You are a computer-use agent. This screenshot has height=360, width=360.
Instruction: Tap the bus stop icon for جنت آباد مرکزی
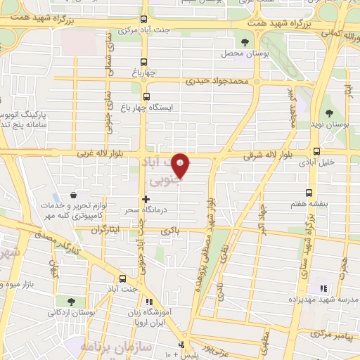144,19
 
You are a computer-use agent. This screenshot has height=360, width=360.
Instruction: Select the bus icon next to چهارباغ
145,61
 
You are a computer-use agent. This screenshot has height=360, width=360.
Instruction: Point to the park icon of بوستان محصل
245,43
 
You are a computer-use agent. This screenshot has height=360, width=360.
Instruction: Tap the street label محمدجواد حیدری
218,82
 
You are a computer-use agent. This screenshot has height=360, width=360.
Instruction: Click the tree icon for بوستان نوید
329,113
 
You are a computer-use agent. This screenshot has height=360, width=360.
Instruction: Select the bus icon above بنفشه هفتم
309,191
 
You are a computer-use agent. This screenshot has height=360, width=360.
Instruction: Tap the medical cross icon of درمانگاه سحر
146,199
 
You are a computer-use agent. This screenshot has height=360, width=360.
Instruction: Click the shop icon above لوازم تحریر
74,195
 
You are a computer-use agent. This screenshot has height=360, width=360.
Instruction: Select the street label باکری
171,229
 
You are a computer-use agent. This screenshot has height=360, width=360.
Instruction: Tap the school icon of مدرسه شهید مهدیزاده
323,288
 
